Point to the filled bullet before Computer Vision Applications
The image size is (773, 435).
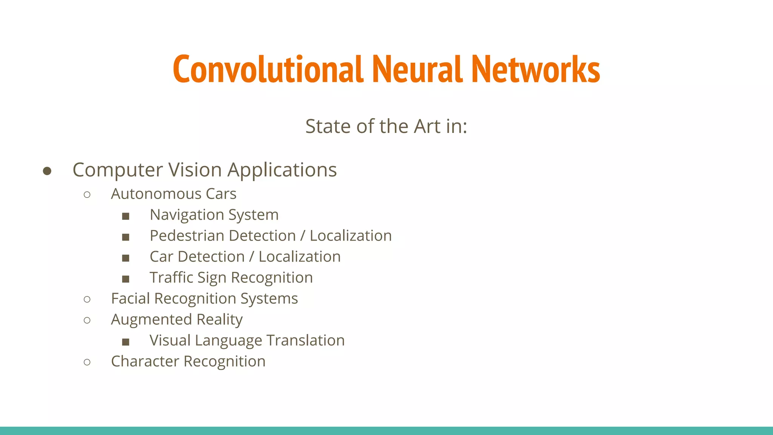pyautogui.click(x=47, y=171)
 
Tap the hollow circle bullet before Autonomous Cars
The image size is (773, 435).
pyautogui.click(x=87, y=195)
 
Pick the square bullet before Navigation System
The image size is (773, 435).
pyautogui.click(x=126, y=216)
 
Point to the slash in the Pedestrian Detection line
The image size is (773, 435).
pyautogui.click(x=303, y=236)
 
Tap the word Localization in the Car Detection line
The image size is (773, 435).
pyautogui.click(x=300, y=257)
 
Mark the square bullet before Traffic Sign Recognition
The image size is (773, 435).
pyautogui.click(x=126, y=279)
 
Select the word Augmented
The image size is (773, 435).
pyautogui.click(x=151, y=320)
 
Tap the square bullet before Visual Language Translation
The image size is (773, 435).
pyautogui.click(x=126, y=342)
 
